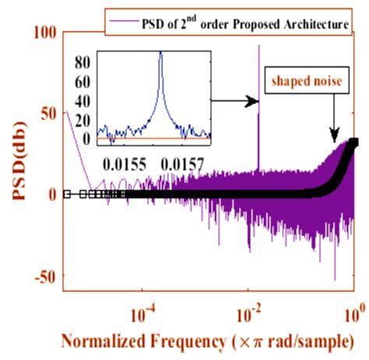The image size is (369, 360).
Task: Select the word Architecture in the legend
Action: tap(311, 25)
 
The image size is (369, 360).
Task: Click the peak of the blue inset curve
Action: tap(160, 53)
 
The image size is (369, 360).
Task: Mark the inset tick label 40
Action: tap(83, 100)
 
